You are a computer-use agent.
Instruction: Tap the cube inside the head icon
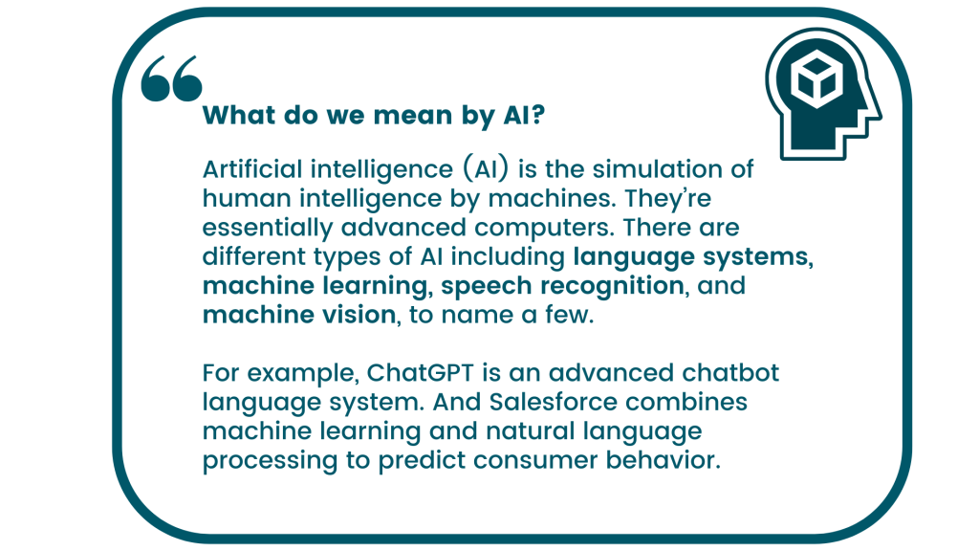point(818,77)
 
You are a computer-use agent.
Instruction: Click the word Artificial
point(249,170)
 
